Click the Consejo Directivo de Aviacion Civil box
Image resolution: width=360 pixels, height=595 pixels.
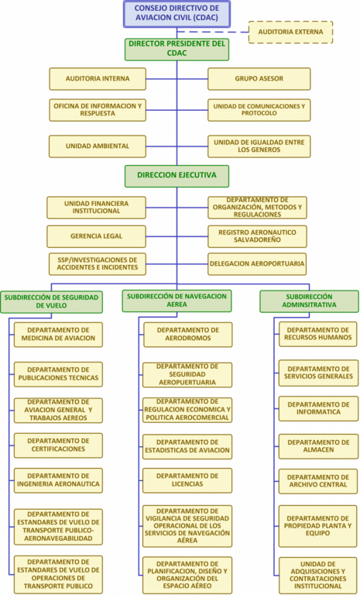click(177, 14)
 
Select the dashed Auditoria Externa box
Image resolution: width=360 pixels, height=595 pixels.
click(290, 33)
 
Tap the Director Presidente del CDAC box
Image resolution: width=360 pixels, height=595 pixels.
click(177, 50)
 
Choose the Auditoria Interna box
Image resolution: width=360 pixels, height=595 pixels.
click(98, 79)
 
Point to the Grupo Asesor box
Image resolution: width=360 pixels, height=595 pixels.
click(259, 79)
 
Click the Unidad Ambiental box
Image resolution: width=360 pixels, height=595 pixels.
click(98, 146)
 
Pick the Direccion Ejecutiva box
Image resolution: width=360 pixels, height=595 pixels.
click(177, 176)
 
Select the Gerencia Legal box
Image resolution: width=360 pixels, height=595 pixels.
click(96, 236)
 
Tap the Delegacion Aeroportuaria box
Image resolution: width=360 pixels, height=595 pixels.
click(257, 263)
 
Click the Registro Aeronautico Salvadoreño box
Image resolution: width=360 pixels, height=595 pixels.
click(257, 236)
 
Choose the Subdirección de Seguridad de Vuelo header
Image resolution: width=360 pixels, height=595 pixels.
click(51, 301)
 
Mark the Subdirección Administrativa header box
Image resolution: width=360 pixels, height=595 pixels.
click(309, 301)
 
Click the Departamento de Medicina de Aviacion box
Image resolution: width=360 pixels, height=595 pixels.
click(58, 335)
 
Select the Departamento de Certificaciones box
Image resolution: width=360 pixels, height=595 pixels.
click(58, 445)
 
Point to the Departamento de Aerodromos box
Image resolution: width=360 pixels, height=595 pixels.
click(188, 335)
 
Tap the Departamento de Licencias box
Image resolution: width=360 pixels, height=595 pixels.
click(187, 480)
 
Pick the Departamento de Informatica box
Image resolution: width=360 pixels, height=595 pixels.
click(319, 409)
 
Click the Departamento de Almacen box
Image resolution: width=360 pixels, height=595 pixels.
click(319, 446)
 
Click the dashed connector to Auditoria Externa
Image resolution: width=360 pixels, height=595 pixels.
click(213, 33)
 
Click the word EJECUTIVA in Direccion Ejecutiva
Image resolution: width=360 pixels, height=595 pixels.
click(196, 175)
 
